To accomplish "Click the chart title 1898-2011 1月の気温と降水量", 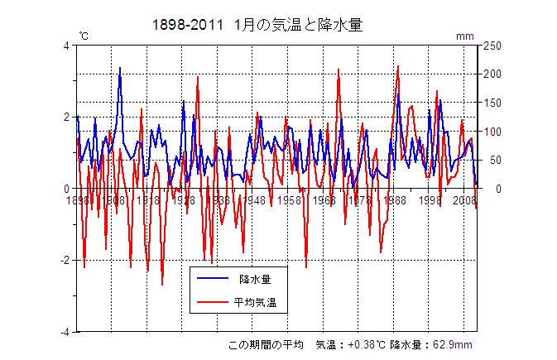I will click(257, 25).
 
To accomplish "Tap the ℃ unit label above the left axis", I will click(84, 36).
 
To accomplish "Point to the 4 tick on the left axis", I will click(67, 46).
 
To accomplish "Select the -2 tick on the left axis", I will click(65, 260).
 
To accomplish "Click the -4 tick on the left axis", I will click(65, 332).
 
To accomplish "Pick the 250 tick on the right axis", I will click(492, 46).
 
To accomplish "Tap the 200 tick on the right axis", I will click(492, 74).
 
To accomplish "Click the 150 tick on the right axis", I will click(492, 103).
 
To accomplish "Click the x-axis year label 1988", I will click(395, 200).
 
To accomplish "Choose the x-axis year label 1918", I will click(148, 200).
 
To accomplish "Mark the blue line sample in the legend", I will click(212, 280).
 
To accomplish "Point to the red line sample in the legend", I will click(212, 303).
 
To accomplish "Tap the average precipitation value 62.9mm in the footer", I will click(454, 345).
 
